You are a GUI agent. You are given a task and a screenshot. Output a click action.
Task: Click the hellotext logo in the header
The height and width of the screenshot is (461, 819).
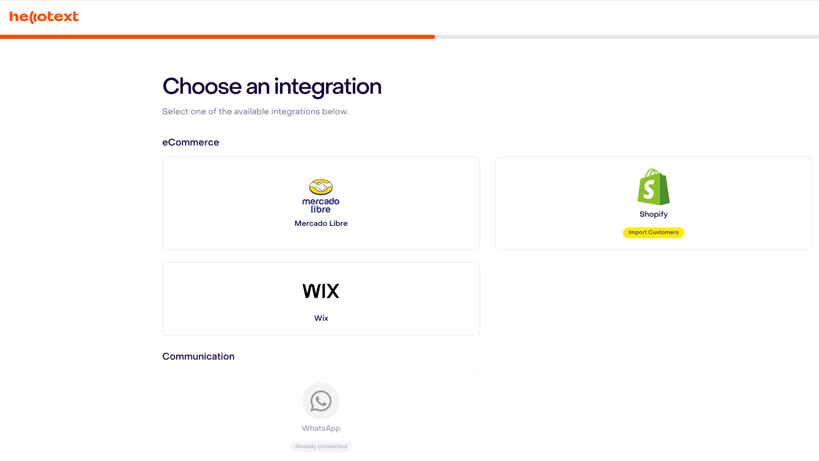pos(44,17)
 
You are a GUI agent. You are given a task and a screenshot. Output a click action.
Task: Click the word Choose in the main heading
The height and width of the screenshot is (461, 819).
pos(202,87)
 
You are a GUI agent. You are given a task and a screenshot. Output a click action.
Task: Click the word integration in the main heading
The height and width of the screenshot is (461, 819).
pos(328,88)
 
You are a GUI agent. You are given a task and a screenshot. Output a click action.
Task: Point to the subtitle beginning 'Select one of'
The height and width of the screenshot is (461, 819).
pos(255,112)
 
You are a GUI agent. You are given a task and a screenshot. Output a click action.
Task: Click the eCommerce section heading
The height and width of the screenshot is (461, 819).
pos(190,142)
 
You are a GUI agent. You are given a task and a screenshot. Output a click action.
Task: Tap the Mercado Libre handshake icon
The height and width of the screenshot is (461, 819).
pos(320,187)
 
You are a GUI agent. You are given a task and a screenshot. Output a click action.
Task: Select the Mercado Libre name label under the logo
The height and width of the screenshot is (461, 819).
pos(321,223)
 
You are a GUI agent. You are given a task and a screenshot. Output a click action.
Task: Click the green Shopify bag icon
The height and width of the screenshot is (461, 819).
pos(653,187)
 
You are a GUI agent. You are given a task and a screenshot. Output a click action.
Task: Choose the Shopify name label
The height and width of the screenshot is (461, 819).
pos(653,215)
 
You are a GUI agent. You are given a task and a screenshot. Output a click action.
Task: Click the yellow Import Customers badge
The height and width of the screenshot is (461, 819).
pos(653,233)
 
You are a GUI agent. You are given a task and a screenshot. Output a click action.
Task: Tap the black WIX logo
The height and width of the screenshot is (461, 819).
pos(320,291)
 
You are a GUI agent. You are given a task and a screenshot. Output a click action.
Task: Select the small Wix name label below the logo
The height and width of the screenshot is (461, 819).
pos(321,318)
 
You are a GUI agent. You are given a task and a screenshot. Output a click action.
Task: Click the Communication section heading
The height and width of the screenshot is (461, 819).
pos(198,357)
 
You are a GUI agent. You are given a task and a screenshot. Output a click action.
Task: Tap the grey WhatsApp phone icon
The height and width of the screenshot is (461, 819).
pos(320,401)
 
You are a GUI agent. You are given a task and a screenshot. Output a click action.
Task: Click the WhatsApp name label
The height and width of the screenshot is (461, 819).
pos(321,428)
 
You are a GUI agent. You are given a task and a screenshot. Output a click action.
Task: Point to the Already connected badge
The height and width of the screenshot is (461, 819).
pos(321,447)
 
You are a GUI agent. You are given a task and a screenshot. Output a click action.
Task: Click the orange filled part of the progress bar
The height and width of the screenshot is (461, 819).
pos(218,37)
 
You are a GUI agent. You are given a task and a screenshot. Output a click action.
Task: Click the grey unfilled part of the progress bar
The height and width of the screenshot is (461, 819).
pos(627,37)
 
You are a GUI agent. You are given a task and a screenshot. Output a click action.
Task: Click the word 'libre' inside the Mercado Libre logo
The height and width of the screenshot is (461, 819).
pos(320,209)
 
